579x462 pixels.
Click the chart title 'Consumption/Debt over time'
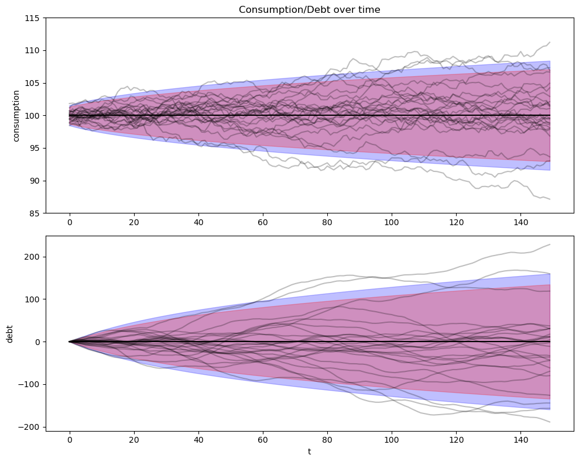(309, 9)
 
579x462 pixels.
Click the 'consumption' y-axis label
(16, 116)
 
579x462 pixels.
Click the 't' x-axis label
(309, 451)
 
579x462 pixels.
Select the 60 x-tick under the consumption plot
(262, 223)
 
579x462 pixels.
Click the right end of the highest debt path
(550, 244)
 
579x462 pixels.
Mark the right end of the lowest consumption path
(550, 199)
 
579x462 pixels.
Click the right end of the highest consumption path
(550, 42)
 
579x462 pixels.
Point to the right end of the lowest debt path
(550, 422)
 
